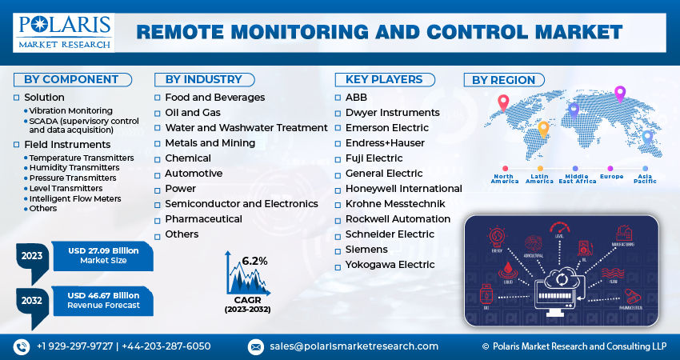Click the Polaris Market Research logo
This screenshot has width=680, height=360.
[64, 31]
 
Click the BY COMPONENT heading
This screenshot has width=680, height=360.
[71, 79]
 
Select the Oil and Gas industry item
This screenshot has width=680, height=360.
[192, 113]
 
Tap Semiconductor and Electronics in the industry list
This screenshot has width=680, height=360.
[241, 204]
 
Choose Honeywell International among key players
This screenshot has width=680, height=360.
[403, 189]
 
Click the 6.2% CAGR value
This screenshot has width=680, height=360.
[254, 262]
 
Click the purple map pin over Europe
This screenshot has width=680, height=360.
[619, 94]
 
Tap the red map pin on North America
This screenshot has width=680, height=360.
[503, 102]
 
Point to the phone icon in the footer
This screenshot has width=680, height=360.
[21, 346]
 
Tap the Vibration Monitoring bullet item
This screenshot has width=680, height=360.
[71, 110]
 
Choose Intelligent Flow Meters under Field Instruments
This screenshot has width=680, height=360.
[76, 198]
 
